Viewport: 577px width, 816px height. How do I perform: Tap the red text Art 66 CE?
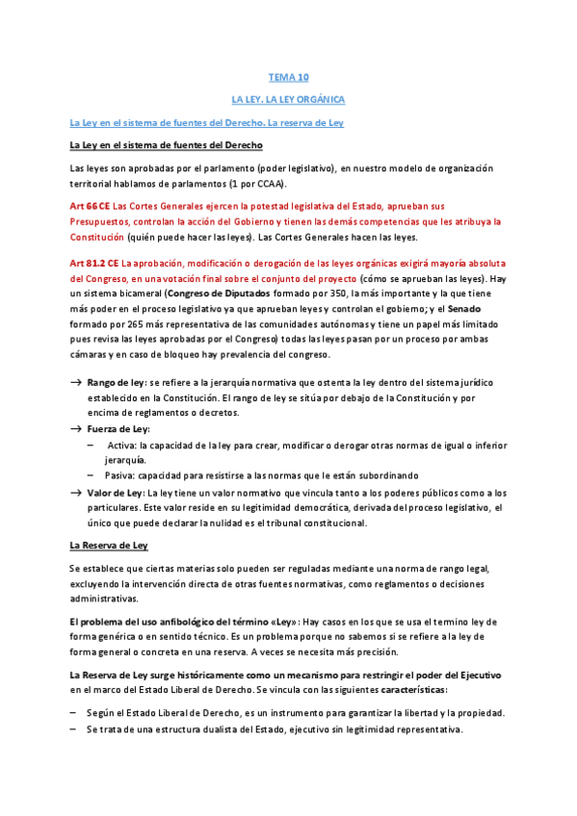(x=90, y=206)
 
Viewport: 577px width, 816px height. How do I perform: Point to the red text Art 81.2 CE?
(x=94, y=263)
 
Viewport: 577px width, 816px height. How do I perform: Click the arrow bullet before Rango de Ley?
(x=76, y=382)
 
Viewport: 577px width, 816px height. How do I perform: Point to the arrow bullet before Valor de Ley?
(x=76, y=491)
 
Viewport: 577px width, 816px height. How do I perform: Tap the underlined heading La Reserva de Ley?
(x=108, y=546)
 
